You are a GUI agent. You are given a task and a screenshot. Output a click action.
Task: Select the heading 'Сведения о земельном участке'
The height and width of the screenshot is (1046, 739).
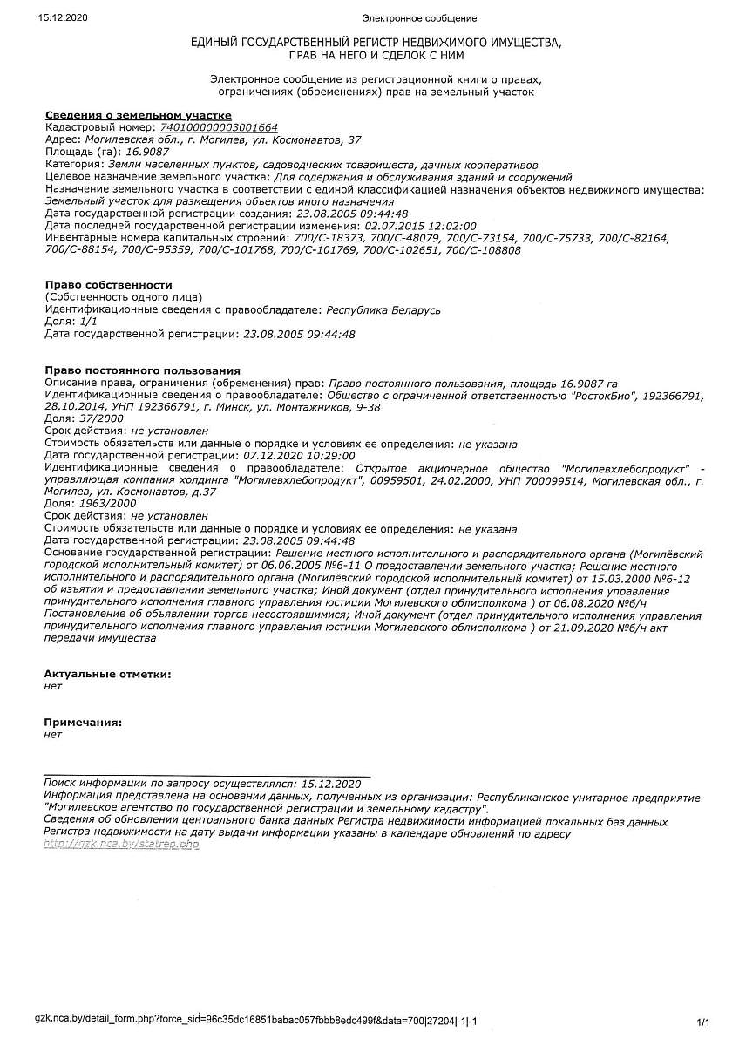click(138, 115)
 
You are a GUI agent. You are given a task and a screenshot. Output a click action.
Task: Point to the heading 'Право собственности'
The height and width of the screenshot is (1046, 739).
click(108, 285)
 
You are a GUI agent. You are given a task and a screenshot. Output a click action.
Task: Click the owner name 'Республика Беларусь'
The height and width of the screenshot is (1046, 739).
click(383, 309)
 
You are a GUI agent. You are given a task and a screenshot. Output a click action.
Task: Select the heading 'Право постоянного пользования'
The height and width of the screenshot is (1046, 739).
click(142, 370)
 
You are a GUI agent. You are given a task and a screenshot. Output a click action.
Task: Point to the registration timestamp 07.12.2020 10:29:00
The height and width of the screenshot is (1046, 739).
click(299, 455)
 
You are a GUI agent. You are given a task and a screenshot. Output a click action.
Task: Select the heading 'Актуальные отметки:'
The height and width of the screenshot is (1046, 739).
click(107, 674)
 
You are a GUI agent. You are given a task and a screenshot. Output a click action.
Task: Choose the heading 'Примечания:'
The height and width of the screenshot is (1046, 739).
click(83, 723)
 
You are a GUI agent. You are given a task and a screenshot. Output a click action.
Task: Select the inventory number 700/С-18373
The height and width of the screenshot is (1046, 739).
click(329, 238)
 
